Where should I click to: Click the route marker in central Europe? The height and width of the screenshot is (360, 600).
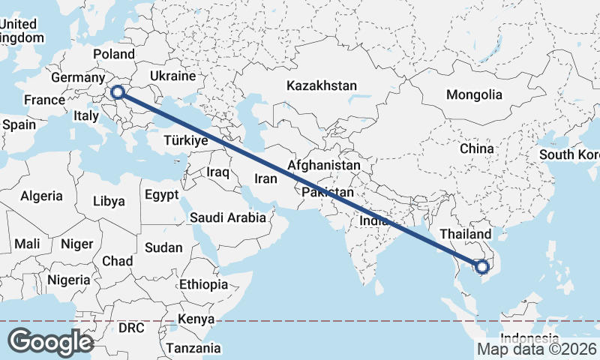(117, 92)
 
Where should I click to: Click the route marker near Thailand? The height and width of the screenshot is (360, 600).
(481, 265)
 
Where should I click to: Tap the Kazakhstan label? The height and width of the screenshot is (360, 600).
(321, 85)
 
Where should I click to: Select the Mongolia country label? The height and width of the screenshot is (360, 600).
(474, 95)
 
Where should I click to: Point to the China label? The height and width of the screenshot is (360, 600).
(477, 148)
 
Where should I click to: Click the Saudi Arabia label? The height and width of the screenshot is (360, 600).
(228, 218)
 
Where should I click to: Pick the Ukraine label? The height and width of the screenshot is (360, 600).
(172, 76)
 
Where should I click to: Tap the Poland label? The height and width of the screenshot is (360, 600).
(114, 54)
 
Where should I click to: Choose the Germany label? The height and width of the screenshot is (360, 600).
(77, 78)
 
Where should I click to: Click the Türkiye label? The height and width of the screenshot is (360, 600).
(184, 141)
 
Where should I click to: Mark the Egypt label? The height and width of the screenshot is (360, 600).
(161, 195)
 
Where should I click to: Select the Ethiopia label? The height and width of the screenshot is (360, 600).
(203, 285)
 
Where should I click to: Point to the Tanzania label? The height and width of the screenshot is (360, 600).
(193, 348)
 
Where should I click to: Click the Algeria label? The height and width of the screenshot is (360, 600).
(41, 196)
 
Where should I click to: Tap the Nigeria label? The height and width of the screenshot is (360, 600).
(68, 280)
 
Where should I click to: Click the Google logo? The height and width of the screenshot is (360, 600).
(50, 341)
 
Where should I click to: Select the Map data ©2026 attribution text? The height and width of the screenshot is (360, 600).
(537, 349)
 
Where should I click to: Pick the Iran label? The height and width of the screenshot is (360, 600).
(266, 178)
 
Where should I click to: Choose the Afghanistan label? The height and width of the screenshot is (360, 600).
(324, 164)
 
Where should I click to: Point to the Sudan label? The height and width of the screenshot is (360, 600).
(163, 247)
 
